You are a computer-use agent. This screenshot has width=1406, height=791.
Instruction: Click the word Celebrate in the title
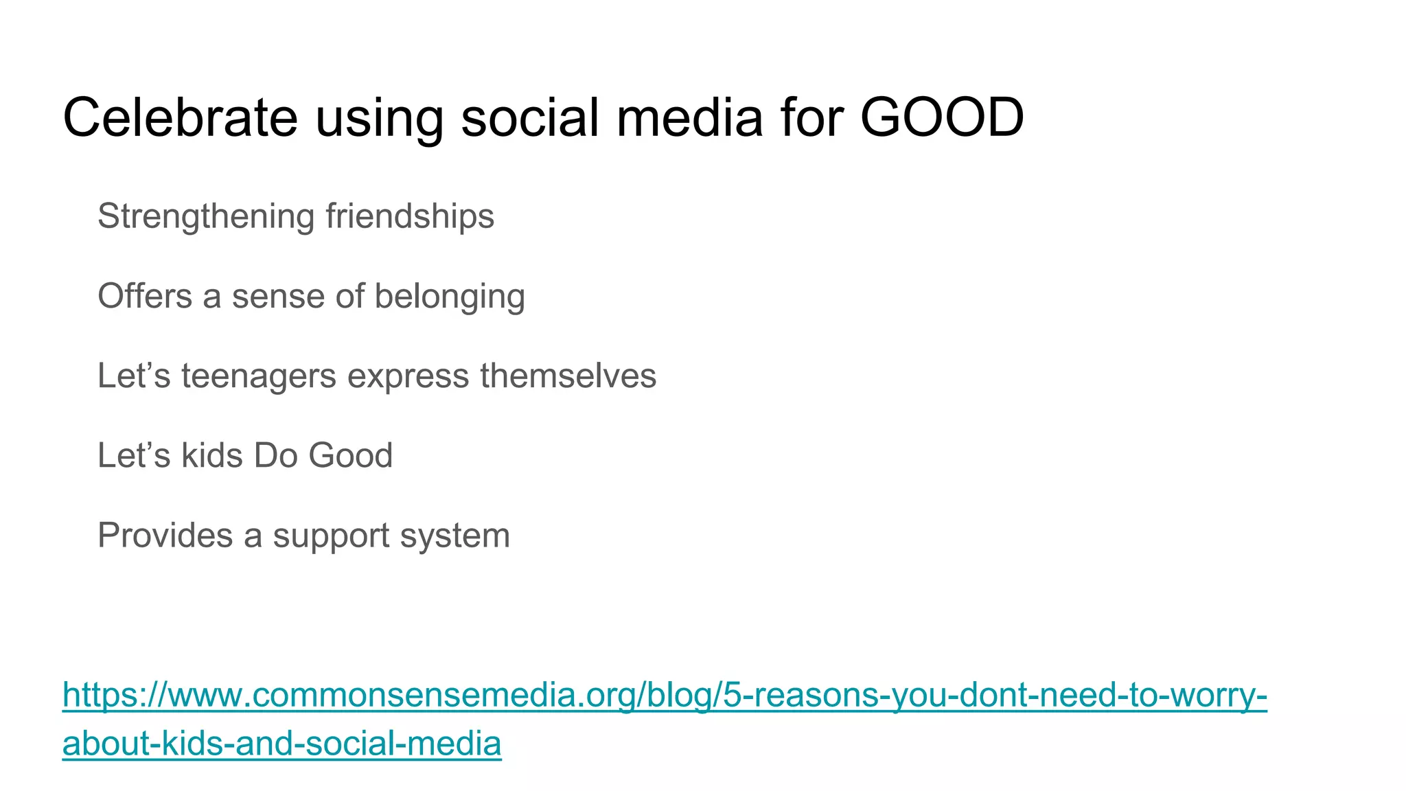tap(180, 117)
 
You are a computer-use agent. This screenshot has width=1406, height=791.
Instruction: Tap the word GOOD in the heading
tap(942, 117)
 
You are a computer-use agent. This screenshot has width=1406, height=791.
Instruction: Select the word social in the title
tap(530, 117)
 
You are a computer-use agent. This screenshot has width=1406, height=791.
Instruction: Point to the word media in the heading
tap(689, 117)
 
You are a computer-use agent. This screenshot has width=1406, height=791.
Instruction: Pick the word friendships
tap(410, 217)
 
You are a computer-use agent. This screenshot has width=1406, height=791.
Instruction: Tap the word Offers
tap(145, 297)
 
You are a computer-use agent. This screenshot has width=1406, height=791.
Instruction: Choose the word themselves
tap(568, 376)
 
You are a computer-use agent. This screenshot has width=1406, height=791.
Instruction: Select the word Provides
tap(165, 536)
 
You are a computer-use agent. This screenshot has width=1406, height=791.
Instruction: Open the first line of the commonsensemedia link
tap(664, 695)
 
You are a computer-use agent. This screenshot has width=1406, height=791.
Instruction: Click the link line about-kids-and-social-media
tap(281, 744)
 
